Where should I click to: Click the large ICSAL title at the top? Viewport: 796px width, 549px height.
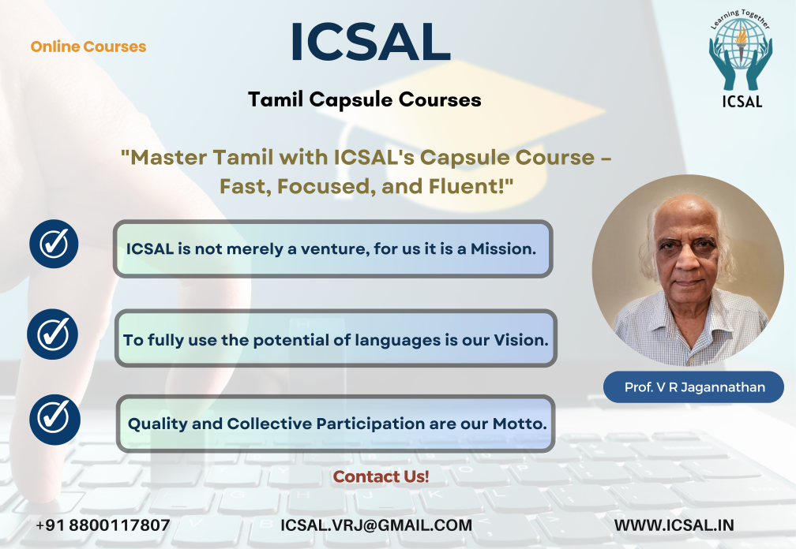370,42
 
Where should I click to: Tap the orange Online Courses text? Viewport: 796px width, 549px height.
88,47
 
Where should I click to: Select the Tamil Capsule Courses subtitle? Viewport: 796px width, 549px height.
365,100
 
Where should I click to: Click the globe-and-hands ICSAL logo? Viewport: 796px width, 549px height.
742,58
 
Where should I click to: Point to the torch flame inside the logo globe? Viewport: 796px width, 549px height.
742,35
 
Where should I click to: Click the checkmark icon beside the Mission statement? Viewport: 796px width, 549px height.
54,244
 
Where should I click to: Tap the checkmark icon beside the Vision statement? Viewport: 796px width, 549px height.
53,334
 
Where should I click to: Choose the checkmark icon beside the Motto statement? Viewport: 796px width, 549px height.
54,420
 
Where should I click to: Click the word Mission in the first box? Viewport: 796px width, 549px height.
503,249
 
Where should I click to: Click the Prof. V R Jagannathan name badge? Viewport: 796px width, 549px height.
693,387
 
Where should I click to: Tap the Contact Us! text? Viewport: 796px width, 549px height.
381,476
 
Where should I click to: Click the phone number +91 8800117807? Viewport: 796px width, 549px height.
103,525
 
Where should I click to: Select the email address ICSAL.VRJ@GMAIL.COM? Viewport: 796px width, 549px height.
376,525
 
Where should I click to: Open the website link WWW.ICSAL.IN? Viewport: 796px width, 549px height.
674,525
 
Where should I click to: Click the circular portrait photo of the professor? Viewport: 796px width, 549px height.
688,271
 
